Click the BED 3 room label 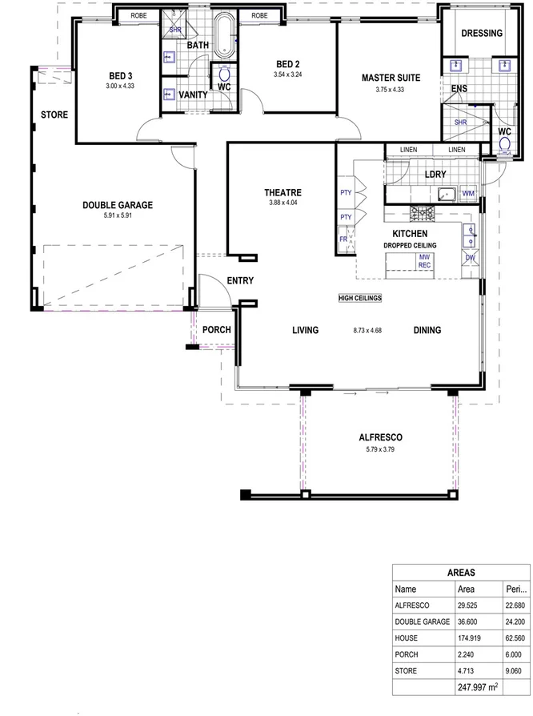[x=121, y=76]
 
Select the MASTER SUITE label [x=390, y=78]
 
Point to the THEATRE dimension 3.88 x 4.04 [x=283, y=203]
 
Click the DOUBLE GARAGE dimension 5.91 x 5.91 [x=117, y=215]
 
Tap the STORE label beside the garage [x=54, y=115]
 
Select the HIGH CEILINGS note [x=360, y=298]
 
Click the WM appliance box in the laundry [x=468, y=193]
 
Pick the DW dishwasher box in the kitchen [x=470, y=258]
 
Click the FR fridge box [x=344, y=239]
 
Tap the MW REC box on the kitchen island [x=424, y=262]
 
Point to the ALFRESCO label [x=380, y=438]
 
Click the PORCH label [x=215, y=330]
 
